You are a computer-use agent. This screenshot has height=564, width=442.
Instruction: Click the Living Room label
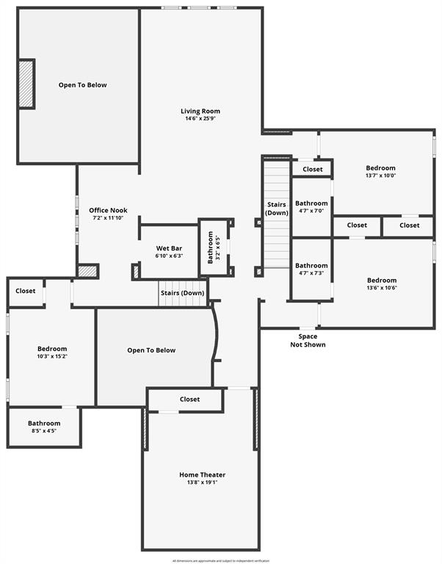pos(200,112)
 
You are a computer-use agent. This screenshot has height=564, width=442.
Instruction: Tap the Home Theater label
pos(202,474)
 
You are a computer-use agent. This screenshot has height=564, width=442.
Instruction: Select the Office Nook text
pos(109,210)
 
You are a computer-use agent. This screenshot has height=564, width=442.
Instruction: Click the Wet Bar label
pos(169,248)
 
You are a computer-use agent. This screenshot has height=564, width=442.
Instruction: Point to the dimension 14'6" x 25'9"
pos(200,119)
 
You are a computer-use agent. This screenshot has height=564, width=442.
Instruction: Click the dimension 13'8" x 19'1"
pos(202,482)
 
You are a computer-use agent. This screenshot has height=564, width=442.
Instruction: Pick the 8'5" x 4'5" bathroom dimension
pos(44,431)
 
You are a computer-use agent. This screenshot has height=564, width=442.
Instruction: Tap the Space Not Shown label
pos(308,341)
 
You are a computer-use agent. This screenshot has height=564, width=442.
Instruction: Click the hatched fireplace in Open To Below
pos(26,84)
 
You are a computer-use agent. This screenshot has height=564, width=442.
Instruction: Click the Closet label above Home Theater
pos(189,399)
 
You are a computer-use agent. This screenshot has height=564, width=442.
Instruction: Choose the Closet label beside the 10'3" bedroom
pos(26,291)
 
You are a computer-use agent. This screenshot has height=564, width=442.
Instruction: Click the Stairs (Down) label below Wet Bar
pos(182,293)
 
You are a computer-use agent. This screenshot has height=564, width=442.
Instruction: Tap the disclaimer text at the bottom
pos(221,560)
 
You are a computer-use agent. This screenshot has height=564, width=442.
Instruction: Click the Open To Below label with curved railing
pos(151,350)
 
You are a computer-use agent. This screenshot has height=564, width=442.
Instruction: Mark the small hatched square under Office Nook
pos(88,271)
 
